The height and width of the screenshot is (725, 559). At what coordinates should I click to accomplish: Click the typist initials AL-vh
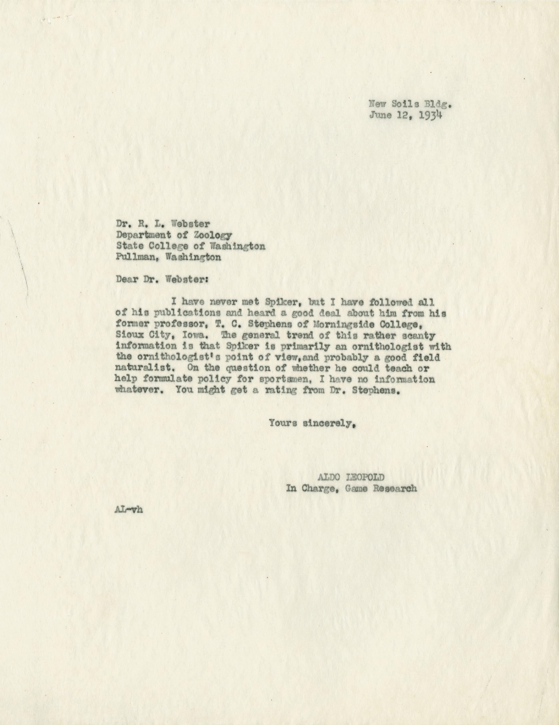(128, 511)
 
